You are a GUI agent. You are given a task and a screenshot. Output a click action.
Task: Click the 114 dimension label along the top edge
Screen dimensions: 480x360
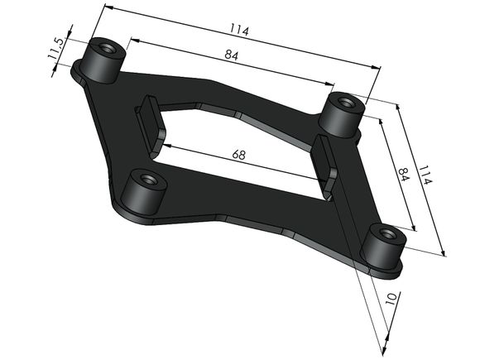click(x=240, y=30)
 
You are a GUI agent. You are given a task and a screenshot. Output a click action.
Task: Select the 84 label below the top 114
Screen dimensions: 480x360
click(x=232, y=55)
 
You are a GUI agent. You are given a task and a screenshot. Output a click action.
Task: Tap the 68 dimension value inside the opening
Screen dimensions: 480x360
click(x=239, y=155)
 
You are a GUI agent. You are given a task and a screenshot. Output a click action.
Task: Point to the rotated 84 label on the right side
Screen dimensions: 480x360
click(x=404, y=174)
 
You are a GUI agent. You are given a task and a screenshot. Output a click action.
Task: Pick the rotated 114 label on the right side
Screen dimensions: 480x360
click(x=425, y=175)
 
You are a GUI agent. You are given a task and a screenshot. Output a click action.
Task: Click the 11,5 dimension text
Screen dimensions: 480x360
click(x=55, y=48)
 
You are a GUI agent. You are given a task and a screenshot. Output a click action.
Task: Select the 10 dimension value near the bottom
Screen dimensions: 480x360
click(x=391, y=298)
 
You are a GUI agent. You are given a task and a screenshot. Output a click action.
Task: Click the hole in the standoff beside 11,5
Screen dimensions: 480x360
click(x=106, y=47)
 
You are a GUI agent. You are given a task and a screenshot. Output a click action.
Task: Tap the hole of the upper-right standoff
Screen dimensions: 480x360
click(x=346, y=103)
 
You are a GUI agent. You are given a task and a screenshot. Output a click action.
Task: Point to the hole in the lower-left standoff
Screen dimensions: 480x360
click(x=148, y=180)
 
